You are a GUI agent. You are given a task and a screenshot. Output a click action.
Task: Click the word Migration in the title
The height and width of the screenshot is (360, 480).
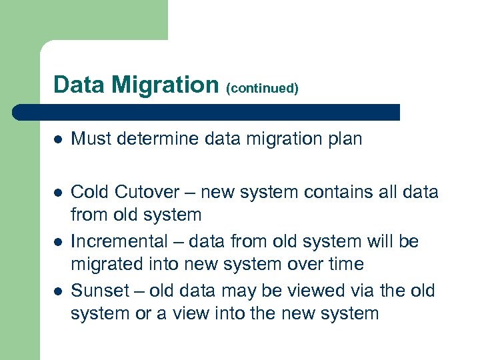point(165,85)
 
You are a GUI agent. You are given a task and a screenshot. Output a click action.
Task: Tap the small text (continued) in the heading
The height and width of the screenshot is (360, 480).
point(262,88)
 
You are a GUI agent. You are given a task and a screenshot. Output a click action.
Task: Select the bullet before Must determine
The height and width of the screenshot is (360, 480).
point(58,139)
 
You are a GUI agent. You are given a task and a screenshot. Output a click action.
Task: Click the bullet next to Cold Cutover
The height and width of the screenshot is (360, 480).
point(58,193)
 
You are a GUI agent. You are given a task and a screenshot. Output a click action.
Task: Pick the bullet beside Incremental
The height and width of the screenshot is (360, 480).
point(58,242)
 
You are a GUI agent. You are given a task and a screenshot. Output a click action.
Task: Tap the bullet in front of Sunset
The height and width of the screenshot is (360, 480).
point(58,291)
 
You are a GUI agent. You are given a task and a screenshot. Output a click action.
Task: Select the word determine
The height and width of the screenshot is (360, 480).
point(160,139)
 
